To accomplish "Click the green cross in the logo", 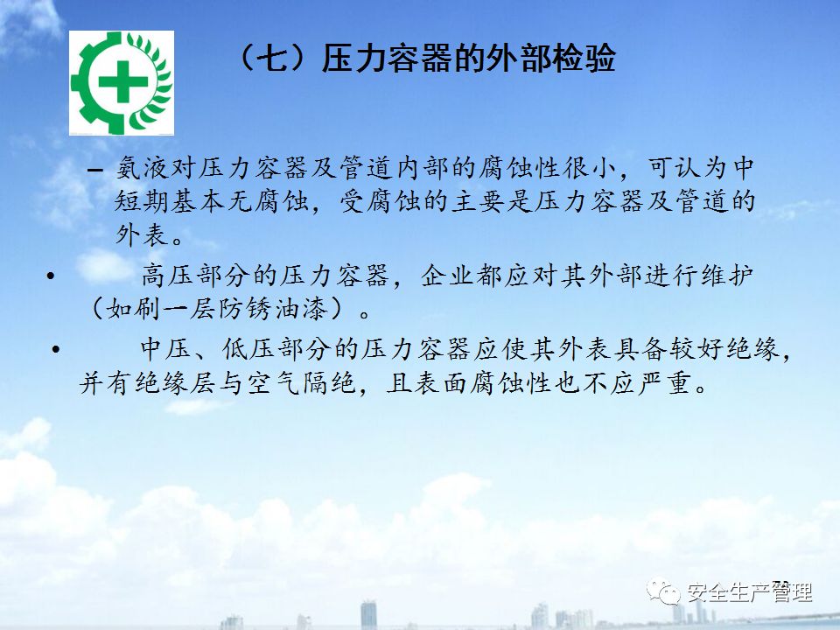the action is click(123, 81).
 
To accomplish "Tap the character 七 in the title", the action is click(273, 59).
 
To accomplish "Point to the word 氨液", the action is click(143, 168).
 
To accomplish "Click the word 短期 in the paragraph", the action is click(143, 201).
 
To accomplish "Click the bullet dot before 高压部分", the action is click(51, 276).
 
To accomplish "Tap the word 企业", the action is click(448, 276).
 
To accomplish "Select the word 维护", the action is click(727, 276).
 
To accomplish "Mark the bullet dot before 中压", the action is click(56, 350).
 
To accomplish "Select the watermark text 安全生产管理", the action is click(750, 592).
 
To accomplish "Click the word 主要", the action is click(479, 201).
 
